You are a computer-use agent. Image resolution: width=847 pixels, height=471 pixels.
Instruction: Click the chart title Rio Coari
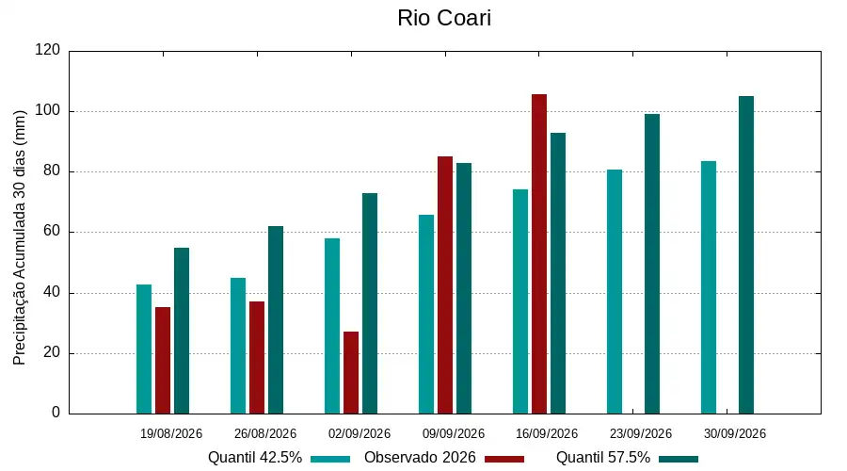click(444, 18)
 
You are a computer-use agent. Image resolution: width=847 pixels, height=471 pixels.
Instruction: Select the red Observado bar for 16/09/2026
click(539, 254)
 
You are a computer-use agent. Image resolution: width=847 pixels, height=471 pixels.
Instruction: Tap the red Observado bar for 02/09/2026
click(351, 373)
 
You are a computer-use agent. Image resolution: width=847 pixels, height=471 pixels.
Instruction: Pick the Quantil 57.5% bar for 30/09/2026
click(746, 255)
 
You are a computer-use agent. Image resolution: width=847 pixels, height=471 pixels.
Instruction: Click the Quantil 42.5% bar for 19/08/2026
click(144, 349)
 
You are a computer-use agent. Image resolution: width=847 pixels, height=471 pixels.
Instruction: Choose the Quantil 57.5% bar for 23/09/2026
click(652, 264)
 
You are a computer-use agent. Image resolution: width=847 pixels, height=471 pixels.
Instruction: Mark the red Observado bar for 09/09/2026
click(445, 285)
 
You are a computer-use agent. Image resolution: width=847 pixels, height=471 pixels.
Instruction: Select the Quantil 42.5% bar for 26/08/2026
click(238, 346)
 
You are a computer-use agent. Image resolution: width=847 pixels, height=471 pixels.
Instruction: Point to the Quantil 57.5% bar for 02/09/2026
click(370, 303)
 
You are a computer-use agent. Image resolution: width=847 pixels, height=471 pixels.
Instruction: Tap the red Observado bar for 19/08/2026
click(163, 361)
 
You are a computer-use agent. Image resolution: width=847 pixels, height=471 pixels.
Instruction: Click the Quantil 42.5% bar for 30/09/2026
click(709, 287)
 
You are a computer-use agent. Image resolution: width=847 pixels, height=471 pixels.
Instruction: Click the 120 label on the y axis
click(48, 50)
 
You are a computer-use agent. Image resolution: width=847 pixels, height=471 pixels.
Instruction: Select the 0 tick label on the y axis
click(56, 413)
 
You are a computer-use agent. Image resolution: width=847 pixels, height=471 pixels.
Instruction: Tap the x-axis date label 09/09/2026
click(454, 433)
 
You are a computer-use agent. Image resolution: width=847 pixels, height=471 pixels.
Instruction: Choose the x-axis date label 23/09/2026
click(641, 433)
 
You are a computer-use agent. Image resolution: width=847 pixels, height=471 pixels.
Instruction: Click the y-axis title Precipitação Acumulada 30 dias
click(20, 238)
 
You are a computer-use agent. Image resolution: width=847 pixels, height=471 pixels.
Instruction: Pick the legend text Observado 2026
click(420, 458)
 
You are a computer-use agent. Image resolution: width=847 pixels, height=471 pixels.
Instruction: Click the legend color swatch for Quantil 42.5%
click(330, 459)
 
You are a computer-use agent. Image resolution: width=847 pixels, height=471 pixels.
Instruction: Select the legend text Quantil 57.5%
click(603, 458)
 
